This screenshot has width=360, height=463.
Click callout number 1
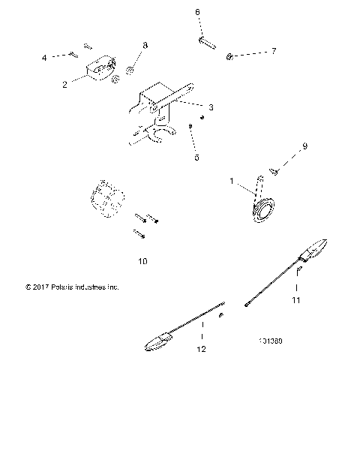(x=232, y=181)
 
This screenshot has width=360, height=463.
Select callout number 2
(x=65, y=85)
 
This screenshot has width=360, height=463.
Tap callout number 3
(x=211, y=107)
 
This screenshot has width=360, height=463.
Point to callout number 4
(x=44, y=58)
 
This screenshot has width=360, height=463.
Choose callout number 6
(x=197, y=12)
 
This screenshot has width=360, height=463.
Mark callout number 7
(x=274, y=51)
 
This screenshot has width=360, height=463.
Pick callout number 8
(x=145, y=46)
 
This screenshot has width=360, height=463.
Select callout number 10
(x=143, y=261)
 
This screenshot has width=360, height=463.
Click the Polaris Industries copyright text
(x=72, y=287)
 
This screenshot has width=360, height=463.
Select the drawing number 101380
(x=268, y=340)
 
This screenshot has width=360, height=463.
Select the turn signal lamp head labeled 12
(x=159, y=342)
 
